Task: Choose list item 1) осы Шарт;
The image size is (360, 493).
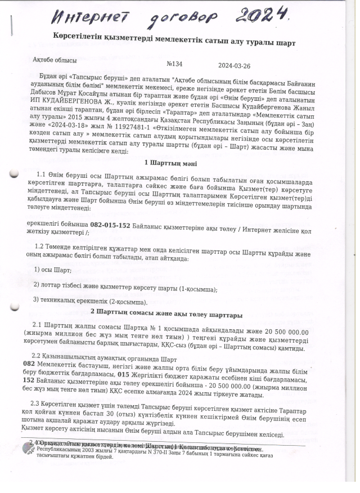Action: tap(49, 269)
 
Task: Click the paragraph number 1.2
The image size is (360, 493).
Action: tap(41, 246)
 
